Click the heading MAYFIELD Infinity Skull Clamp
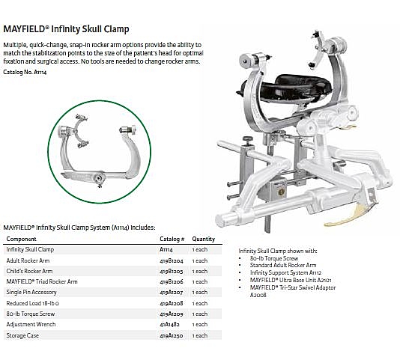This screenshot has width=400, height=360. (66, 29)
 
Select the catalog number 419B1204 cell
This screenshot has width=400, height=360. (172, 260)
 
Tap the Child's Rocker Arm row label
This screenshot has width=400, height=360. (29, 271)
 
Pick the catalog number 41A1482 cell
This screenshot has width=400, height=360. (169, 324)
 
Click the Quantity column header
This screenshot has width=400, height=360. (204, 240)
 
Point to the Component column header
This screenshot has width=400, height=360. (22, 240)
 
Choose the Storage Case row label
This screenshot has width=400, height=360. (22, 335)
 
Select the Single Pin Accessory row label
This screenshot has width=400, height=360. (31, 292)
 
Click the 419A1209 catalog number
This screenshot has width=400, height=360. (172, 314)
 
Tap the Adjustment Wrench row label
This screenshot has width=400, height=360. (31, 324)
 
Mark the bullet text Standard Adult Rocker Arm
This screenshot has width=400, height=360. (283, 265)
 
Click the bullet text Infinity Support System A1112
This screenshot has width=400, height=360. (285, 272)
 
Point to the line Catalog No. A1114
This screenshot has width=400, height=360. (25, 72)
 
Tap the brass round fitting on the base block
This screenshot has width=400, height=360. (281, 192)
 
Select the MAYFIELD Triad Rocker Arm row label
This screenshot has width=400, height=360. (42, 281)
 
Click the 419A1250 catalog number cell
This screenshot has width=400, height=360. (172, 335)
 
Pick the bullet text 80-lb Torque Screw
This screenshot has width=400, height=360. (274, 258)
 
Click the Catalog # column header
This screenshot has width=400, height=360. (172, 240)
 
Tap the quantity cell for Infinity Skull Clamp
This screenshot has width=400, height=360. (200, 249)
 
